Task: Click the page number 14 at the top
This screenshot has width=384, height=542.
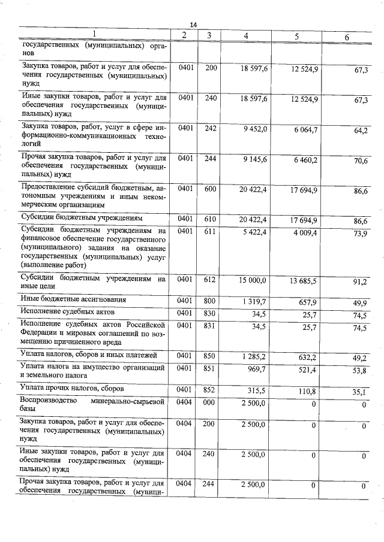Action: (x=193, y=24)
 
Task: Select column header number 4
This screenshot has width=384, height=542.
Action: (x=246, y=36)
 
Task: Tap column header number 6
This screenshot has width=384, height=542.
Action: (x=346, y=37)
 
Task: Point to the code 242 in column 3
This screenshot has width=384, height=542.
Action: (x=211, y=128)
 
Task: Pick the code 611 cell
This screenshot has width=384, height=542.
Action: (x=211, y=231)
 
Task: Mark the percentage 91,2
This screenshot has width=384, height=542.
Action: (x=360, y=281)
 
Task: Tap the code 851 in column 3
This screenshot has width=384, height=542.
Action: (x=211, y=370)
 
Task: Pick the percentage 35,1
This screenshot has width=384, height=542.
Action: (x=360, y=393)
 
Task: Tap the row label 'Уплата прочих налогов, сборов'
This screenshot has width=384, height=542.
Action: (x=68, y=389)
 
